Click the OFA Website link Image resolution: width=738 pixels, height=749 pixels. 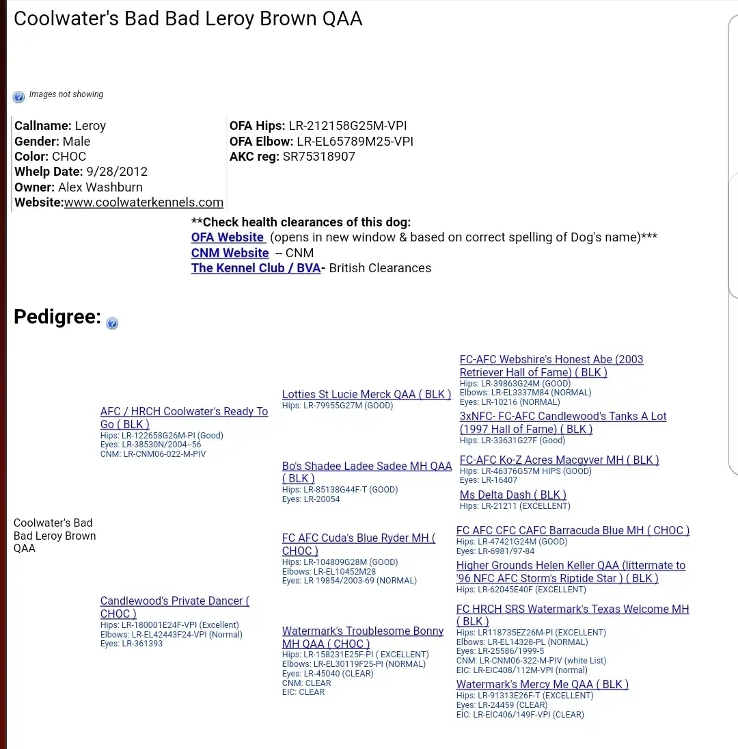click(x=227, y=237)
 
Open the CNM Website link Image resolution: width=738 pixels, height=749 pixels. click(x=230, y=253)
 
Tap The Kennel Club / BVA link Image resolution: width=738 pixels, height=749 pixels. click(x=256, y=268)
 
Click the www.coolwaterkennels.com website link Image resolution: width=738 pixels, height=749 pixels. click(x=143, y=202)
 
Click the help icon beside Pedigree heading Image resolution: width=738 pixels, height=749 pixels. click(x=112, y=324)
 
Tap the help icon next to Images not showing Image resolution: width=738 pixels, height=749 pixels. click(x=18, y=97)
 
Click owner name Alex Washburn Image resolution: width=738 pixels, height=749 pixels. click(x=101, y=187)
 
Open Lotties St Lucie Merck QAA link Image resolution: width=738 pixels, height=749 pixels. click(x=366, y=395)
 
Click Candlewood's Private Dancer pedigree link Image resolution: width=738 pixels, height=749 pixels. click(x=174, y=601)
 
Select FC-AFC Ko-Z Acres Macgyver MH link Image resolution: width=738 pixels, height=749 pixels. click(x=559, y=460)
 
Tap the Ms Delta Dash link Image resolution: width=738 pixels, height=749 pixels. click(x=512, y=495)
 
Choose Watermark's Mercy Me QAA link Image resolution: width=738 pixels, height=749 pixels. click(x=542, y=685)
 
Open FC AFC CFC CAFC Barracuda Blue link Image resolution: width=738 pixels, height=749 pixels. click(x=573, y=531)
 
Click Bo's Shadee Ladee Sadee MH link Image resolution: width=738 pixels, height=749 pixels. click(x=366, y=467)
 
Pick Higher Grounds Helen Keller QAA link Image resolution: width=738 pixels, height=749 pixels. click(x=570, y=566)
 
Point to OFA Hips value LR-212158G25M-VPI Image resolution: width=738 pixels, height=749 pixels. click(x=348, y=126)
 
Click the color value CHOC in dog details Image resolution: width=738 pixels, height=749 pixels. click(x=69, y=157)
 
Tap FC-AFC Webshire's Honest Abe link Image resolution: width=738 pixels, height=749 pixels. click(x=551, y=360)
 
